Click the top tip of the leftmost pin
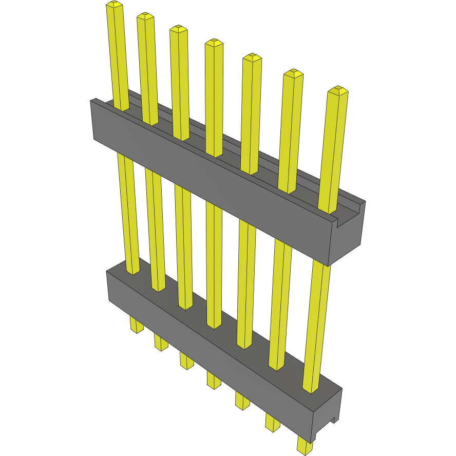115,5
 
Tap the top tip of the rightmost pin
338,91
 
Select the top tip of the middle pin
214,43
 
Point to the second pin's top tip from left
145,17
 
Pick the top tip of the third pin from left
178,29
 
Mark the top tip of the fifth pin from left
252,57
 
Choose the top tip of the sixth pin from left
293,73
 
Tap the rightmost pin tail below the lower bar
305,446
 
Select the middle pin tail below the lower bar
214,380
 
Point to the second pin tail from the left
161,343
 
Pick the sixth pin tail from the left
272,422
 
